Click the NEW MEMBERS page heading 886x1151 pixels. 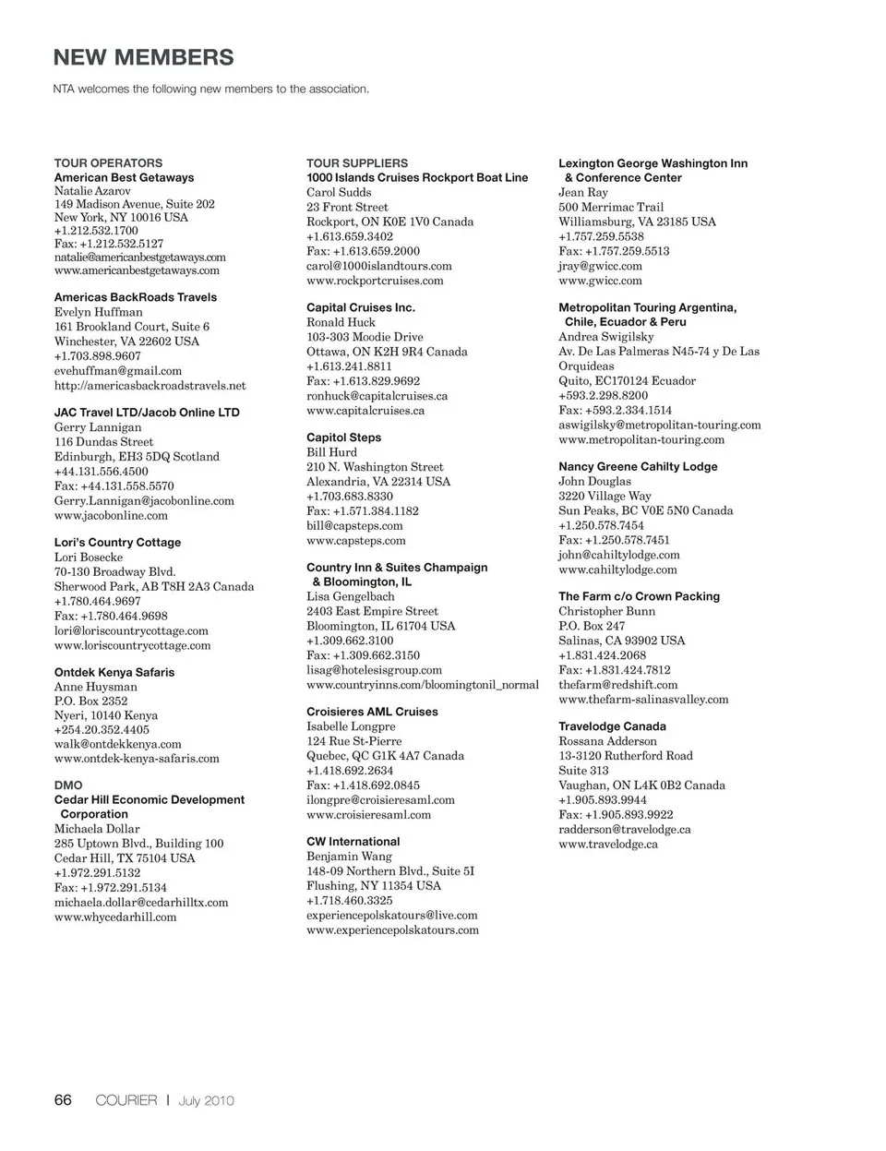(144, 57)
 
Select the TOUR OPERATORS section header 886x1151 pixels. (108, 162)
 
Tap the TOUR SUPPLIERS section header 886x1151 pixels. (357, 162)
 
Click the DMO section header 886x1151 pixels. (68, 785)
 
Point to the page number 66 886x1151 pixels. (63, 1099)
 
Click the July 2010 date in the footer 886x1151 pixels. (207, 1100)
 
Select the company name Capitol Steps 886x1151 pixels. (343, 438)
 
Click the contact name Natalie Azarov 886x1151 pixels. (92, 191)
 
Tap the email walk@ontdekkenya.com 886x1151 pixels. (117, 744)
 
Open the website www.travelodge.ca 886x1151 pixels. (607, 844)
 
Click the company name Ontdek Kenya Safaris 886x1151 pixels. (114, 672)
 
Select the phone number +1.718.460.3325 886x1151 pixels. (349, 900)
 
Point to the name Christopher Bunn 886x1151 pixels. (606, 611)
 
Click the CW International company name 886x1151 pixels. (353, 842)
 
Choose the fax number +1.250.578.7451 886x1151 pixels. (614, 540)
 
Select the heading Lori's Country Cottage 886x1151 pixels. (117, 542)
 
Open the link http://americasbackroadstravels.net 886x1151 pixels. (150, 385)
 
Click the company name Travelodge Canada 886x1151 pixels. (612, 726)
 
